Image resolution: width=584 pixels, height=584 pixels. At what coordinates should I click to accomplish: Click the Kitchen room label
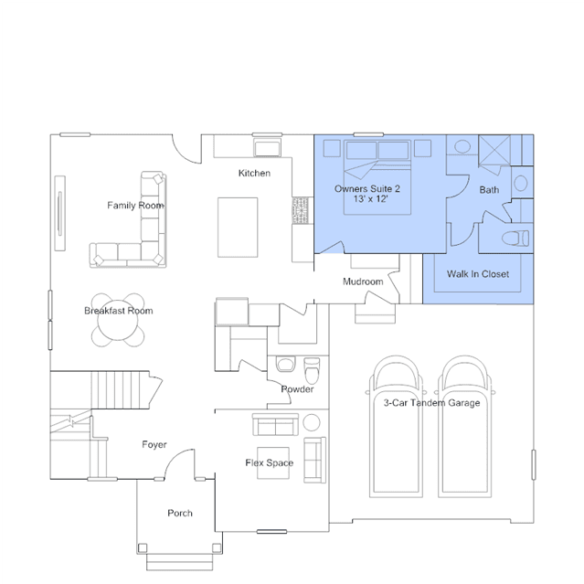point(254,173)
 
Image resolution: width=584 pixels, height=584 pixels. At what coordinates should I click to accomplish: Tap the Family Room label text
point(135,206)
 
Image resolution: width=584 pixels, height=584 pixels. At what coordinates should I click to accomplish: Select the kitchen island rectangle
point(238,228)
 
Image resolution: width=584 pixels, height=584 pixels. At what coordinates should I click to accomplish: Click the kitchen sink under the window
point(267,148)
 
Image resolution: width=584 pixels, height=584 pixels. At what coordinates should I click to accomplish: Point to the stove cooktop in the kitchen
point(300,210)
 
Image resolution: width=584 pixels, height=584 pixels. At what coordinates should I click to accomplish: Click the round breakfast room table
point(118,320)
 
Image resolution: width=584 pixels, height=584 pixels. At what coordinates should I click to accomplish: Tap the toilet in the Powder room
point(312,370)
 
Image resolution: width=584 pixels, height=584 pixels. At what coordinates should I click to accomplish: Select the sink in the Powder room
point(286,365)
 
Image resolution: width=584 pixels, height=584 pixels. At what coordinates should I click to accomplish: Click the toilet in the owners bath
point(515,238)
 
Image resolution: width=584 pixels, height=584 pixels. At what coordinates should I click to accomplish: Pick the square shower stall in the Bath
point(494,150)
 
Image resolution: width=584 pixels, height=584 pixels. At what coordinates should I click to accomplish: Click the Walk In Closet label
point(478,274)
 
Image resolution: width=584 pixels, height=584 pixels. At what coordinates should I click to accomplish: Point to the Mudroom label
point(363,281)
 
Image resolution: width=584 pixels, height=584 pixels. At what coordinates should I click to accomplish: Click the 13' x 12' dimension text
point(370,199)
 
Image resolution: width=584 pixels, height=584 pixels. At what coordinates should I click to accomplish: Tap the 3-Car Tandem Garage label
point(431,403)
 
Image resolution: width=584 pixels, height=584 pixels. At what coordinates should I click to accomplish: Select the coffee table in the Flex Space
point(273,463)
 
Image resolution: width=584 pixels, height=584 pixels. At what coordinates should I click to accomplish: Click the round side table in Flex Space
point(312,423)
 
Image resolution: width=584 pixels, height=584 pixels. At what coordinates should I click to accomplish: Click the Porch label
point(180,514)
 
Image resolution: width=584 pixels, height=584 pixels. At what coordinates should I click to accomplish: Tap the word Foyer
point(154,445)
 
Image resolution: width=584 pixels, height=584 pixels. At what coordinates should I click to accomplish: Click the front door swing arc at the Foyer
point(173,457)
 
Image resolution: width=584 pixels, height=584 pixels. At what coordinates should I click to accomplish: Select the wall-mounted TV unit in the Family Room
point(60,213)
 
